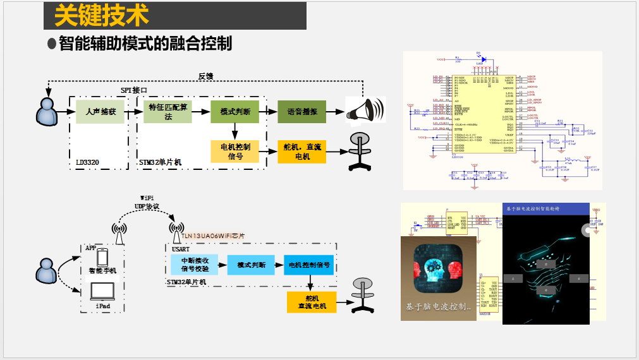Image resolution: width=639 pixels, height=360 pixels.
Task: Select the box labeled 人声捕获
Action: [100, 112]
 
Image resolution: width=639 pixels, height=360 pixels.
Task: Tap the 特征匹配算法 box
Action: [167, 112]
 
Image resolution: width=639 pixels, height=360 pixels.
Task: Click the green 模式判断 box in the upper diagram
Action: [235, 112]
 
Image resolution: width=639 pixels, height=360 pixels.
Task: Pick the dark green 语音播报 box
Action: [302, 112]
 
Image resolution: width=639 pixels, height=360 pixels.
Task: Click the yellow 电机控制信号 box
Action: [235, 152]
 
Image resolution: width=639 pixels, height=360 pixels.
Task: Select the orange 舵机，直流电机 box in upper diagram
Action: [302, 152]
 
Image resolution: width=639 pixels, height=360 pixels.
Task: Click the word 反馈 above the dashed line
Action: [205, 76]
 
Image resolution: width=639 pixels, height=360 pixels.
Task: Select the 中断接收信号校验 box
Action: [195, 264]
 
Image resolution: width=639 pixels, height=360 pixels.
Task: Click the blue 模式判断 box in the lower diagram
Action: [251, 265]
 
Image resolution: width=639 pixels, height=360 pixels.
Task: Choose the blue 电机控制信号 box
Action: [309, 265]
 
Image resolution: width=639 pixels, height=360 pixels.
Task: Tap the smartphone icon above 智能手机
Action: [102, 257]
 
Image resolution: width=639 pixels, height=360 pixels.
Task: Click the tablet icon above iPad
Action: [102, 291]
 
